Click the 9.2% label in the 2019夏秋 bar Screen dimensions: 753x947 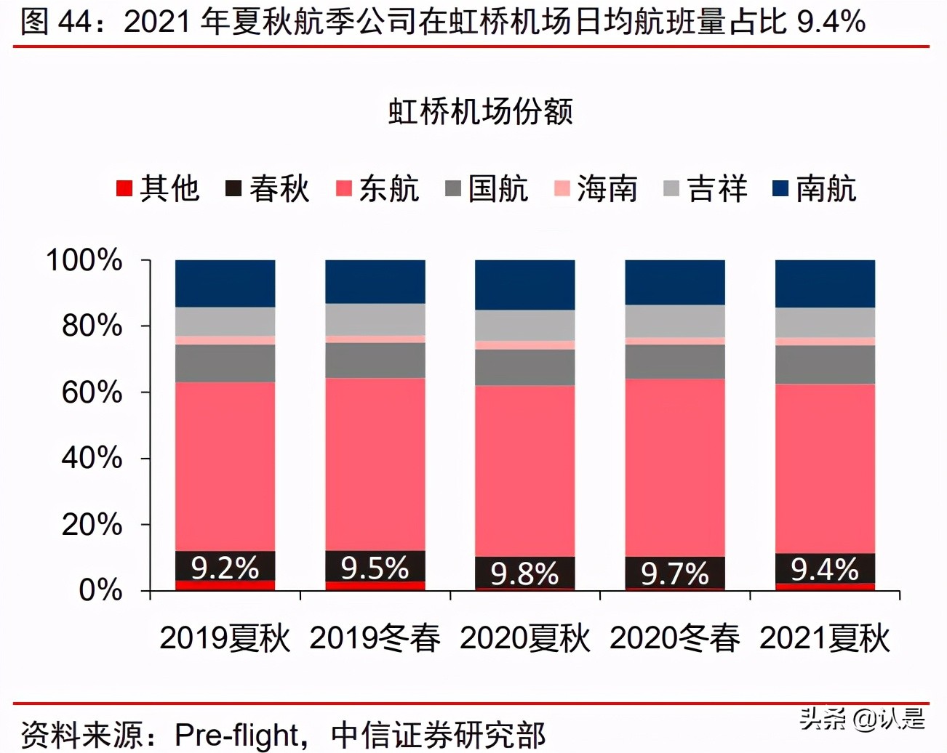(x=225, y=568)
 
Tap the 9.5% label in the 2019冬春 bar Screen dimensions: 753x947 (x=375, y=568)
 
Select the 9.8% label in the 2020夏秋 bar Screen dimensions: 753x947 (x=524, y=573)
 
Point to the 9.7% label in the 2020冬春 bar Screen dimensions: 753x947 (x=674, y=573)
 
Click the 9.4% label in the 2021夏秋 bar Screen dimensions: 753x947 (x=825, y=569)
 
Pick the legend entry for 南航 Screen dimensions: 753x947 (x=814, y=189)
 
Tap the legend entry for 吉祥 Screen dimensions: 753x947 (x=705, y=189)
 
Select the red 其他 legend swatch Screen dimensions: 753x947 (x=124, y=189)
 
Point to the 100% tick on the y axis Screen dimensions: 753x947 (x=84, y=260)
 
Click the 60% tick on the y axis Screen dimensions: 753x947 (x=92, y=392)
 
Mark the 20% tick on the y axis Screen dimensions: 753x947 (x=92, y=524)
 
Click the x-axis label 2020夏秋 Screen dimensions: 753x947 (x=524, y=638)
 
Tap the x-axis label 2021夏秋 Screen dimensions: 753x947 (x=825, y=638)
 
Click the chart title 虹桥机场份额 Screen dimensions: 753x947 (x=480, y=111)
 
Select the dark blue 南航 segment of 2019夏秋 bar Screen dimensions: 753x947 (x=225, y=283)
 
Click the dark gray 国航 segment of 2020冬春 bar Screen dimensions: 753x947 (x=674, y=361)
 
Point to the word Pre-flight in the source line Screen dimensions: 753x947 (x=237, y=735)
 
